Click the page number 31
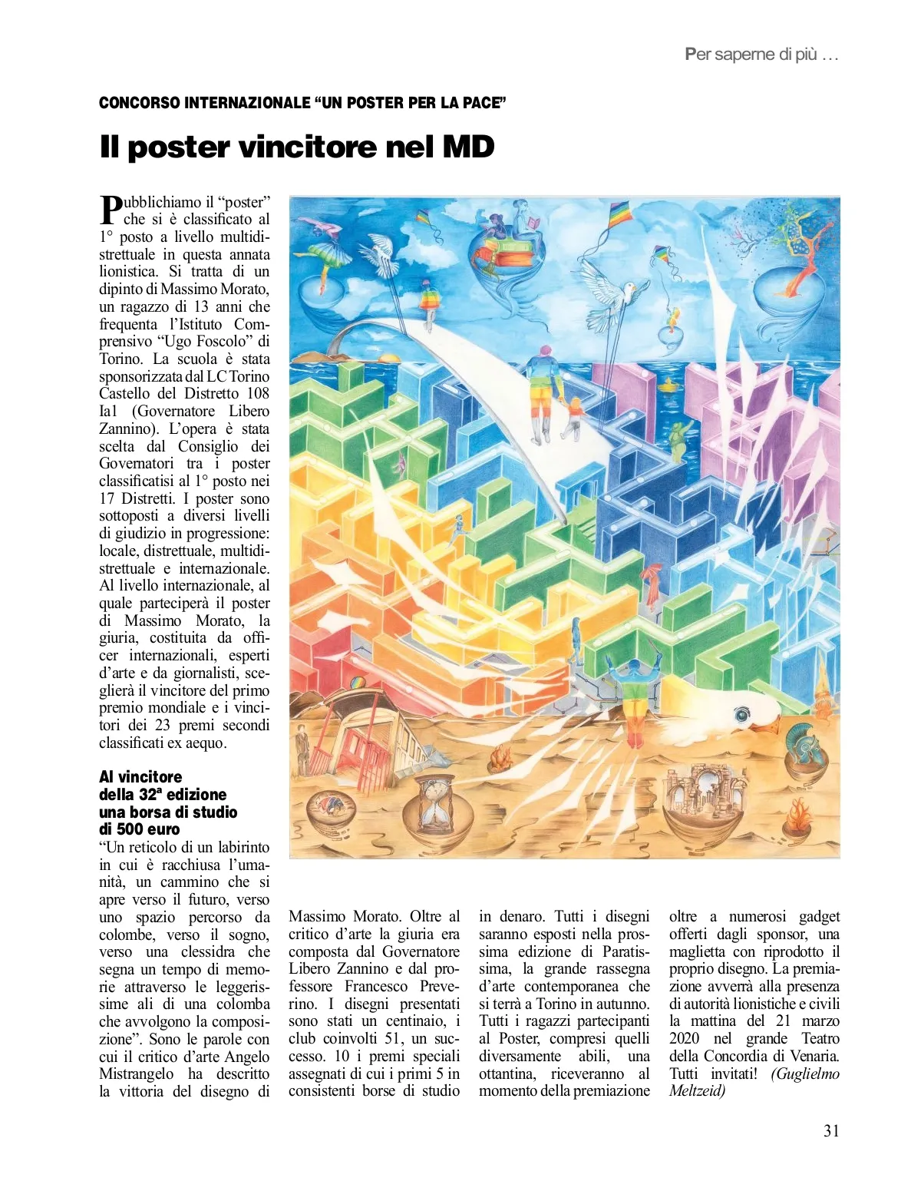click(x=831, y=1130)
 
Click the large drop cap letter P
click(x=111, y=210)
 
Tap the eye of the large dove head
click(x=742, y=716)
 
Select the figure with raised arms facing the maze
click(x=635, y=687)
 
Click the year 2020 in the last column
click(x=684, y=1039)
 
